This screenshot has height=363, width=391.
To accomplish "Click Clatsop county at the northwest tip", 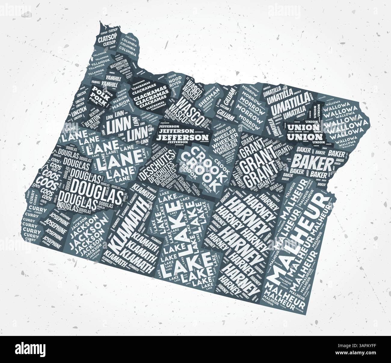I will click(x=107, y=41).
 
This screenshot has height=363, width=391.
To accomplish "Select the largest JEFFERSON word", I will click(x=180, y=137).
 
